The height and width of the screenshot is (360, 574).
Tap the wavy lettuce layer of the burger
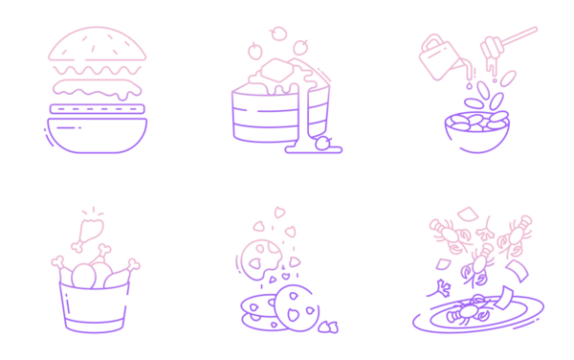(98, 71)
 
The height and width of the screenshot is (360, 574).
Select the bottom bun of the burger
(98, 135)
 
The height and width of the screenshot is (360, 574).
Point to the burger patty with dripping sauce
(98, 89)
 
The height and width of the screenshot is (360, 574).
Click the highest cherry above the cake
(278, 34)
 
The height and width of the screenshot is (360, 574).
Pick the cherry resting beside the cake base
(323, 144)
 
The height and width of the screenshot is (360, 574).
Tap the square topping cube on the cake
(275, 69)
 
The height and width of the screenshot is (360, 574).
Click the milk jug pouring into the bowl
(439, 56)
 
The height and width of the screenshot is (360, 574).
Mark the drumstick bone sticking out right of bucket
(135, 265)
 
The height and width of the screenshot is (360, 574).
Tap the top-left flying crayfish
(445, 231)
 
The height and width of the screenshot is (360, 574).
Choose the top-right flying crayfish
(519, 231)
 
